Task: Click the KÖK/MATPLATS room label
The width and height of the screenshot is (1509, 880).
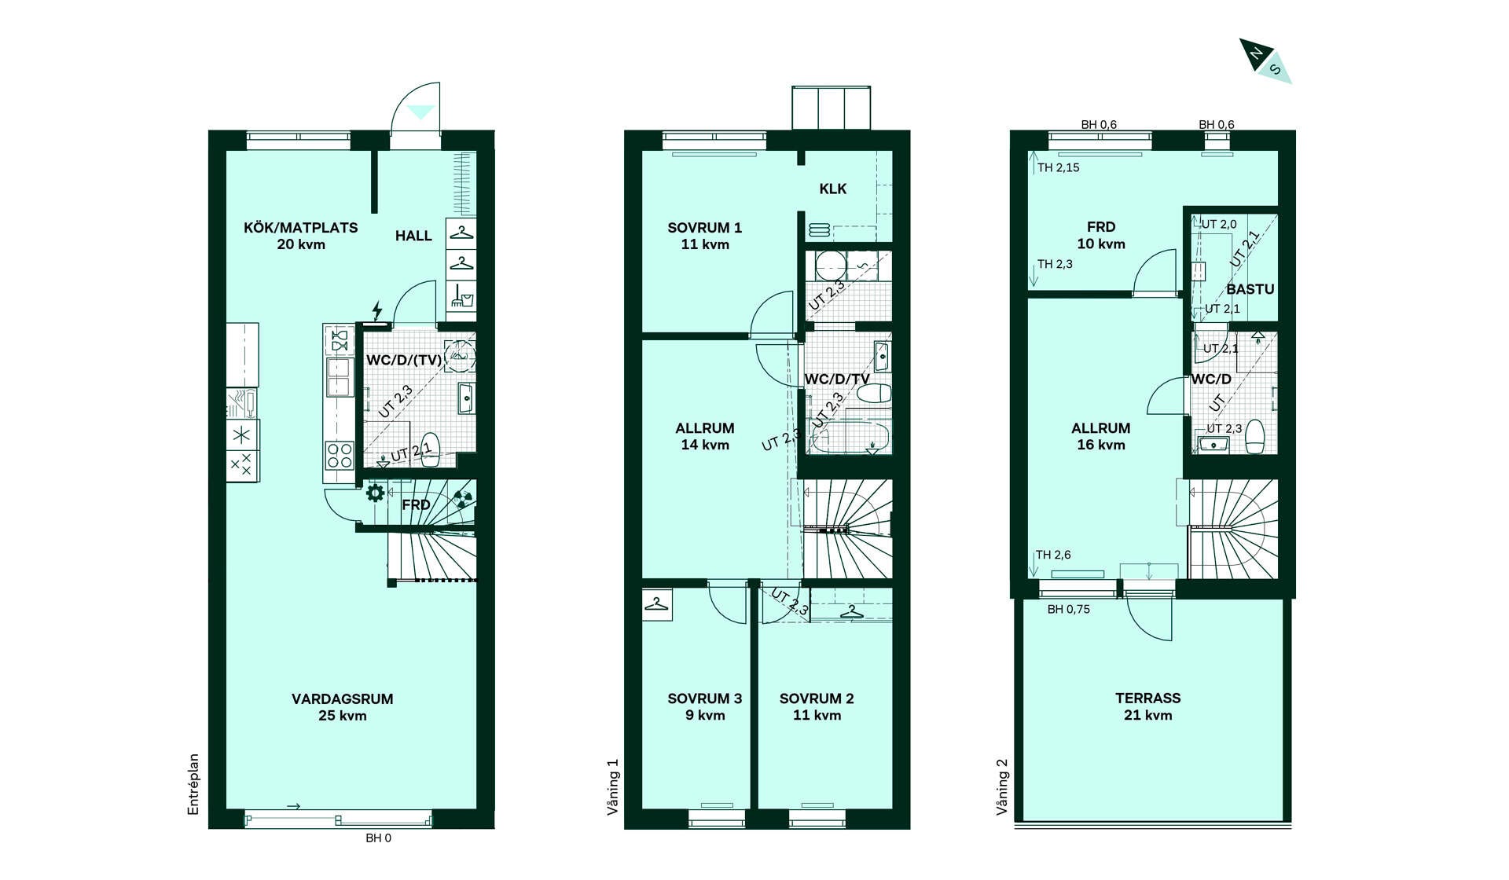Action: [300, 228]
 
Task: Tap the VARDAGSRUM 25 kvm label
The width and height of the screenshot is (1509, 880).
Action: [342, 707]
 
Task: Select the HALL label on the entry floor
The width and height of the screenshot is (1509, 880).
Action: [413, 236]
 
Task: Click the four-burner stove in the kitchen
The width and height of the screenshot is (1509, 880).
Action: [340, 455]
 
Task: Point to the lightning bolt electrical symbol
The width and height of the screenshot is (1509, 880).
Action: [377, 310]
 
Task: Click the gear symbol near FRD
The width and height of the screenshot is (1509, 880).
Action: [376, 493]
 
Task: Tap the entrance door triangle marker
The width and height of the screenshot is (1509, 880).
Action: [421, 112]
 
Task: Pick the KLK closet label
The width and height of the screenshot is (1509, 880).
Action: [833, 189]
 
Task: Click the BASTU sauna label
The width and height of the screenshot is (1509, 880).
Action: [1250, 289]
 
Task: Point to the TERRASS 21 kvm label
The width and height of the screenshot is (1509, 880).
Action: [1147, 706]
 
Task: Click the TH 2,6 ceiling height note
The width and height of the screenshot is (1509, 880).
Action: [1053, 555]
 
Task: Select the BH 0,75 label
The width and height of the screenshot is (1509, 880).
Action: [1069, 609]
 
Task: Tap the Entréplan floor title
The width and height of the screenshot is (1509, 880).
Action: [193, 784]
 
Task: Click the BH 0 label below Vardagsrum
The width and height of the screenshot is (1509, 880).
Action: [378, 838]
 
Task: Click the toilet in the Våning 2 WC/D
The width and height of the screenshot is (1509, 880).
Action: [1254, 437]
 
